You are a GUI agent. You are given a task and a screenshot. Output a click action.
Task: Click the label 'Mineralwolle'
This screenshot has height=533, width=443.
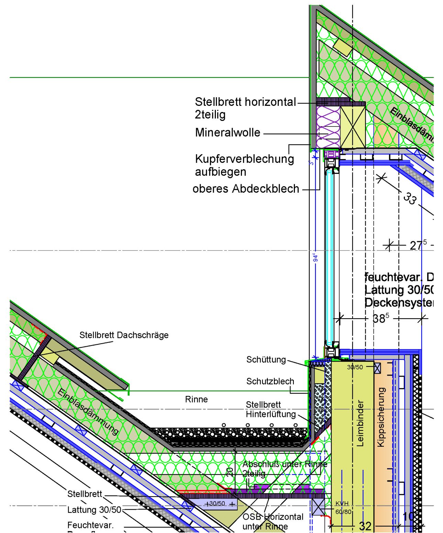pos(228,133)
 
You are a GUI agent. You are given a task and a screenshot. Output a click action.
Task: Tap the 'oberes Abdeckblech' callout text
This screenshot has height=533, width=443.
pos(246,189)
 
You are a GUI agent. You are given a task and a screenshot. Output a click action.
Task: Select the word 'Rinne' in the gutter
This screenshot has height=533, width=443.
pos(196,399)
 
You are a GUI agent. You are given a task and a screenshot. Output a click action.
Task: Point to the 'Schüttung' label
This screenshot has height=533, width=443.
pos(266,359)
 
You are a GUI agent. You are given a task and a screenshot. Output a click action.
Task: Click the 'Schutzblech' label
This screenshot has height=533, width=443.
pos(270,381)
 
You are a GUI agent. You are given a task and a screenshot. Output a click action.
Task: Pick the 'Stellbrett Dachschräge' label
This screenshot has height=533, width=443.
pos(124,335)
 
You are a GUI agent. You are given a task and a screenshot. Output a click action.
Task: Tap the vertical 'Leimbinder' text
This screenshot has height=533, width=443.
pos(360,423)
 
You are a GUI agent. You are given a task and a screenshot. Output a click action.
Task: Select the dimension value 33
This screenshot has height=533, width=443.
pos(409,198)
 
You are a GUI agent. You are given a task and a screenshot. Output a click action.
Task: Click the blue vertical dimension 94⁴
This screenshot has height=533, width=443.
pos(315,257)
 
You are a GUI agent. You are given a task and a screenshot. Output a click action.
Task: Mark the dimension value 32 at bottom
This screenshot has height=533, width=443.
pos(365,526)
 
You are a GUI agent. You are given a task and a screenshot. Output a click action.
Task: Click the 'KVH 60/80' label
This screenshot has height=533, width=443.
pos(343,508)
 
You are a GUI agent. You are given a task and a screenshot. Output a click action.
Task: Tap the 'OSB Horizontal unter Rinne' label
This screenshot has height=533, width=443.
pos(273,521)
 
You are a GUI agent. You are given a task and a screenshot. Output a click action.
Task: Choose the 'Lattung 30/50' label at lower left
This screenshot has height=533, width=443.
pos(94,510)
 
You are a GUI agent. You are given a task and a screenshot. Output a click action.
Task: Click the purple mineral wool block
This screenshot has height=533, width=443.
pos(328,127)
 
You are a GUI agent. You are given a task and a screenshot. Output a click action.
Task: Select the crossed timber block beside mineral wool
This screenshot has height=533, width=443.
pos(353,127)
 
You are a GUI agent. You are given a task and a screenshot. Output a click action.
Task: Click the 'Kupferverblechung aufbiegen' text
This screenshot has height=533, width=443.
pos(244,165)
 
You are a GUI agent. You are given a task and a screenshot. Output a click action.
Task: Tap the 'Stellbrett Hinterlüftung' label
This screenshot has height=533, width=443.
pos(270,409)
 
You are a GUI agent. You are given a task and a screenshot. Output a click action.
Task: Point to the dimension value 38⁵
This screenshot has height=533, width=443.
pos(381,319)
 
